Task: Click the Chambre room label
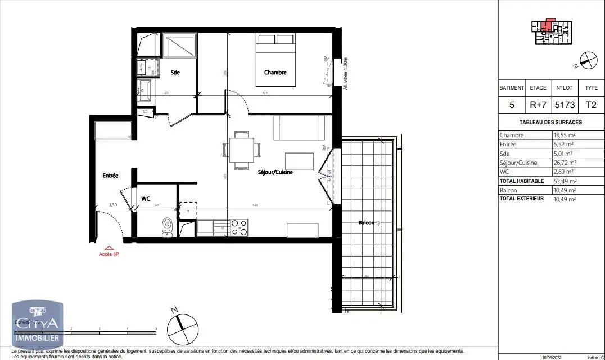tap(276, 73)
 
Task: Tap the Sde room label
tap(175, 73)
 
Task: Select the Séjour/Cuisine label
tap(275, 172)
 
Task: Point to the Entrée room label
tap(110, 175)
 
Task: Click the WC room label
tap(146, 199)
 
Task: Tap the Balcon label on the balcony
tap(367, 223)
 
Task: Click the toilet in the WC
tap(166, 226)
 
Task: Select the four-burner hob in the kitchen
tap(240, 227)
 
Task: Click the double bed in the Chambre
tap(276, 60)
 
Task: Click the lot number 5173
tap(565, 105)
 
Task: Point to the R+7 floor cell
tap(538, 105)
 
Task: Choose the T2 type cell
tap(591, 105)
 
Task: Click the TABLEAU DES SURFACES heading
tap(550, 122)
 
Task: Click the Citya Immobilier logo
tap(37, 324)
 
